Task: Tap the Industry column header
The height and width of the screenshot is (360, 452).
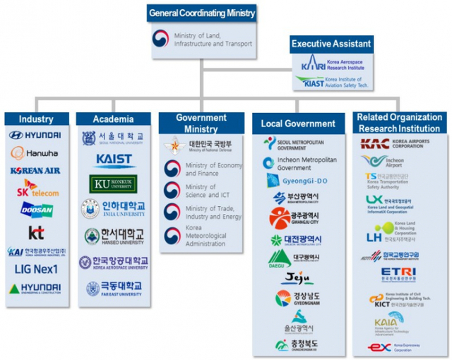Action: pos(36,119)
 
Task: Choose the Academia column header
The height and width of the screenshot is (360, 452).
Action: pos(112,119)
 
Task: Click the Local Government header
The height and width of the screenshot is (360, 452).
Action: pos(297,124)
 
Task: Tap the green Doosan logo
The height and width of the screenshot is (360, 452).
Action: pos(35,210)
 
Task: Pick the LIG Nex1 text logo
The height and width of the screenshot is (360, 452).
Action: pos(35,268)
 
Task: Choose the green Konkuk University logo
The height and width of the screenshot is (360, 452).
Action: pos(113,184)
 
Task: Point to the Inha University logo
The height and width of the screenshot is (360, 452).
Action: pos(113,210)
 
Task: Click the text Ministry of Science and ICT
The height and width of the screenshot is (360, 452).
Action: pos(201,191)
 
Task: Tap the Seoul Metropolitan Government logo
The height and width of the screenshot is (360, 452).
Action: pos(297,144)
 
